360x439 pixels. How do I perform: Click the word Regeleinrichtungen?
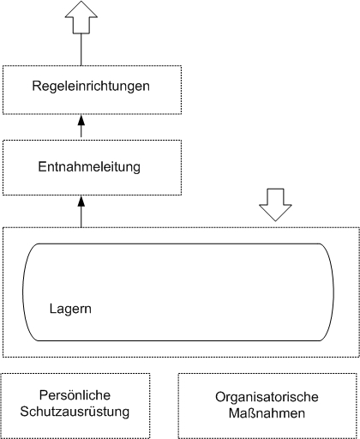point(91,87)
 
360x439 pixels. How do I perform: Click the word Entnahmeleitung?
point(89,167)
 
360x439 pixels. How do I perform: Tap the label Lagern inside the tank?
point(70,310)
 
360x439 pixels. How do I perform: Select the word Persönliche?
point(75,395)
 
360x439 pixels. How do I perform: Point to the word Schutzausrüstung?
point(75,412)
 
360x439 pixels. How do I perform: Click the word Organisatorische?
point(267,397)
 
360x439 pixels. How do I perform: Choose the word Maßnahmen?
point(267,413)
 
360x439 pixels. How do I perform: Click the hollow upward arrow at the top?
point(81,17)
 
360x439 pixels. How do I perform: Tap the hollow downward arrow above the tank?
point(275,205)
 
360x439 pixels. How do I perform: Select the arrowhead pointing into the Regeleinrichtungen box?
point(81,120)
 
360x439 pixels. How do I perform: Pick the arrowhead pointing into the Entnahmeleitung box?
point(81,201)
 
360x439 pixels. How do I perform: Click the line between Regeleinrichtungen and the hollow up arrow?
point(81,50)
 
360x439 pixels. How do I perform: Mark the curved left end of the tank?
point(28,292)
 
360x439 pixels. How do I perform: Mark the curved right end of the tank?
point(328,292)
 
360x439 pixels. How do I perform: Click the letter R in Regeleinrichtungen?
point(37,86)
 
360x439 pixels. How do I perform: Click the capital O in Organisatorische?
point(220,397)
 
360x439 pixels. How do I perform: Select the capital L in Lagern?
point(52,309)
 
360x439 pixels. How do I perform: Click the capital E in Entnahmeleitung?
point(42,166)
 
